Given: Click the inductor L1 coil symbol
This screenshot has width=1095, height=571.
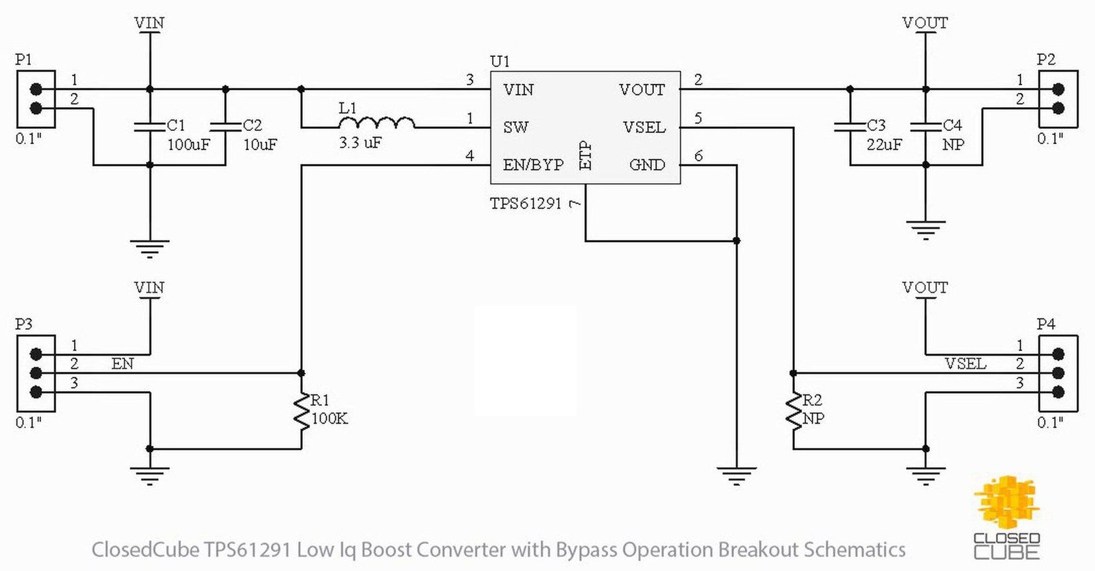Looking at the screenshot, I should (x=376, y=123).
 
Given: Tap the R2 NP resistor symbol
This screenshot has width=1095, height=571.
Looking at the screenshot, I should (x=793, y=411).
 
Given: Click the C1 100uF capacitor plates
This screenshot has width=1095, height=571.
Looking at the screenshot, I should (x=149, y=126).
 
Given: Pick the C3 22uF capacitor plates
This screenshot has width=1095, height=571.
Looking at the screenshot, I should (x=850, y=126).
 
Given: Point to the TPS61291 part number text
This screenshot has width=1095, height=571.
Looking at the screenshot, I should (x=526, y=204).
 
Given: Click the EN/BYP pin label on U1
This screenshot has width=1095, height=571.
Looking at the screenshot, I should (x=533, y=165).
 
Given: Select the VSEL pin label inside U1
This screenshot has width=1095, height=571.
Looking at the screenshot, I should (x=643, y=127).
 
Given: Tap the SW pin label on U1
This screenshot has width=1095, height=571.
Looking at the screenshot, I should (x=516, y=127).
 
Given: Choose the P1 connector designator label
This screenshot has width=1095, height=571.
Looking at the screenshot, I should (x=24, y=59).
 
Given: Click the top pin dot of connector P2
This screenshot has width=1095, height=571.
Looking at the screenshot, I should (x=1058, y=89).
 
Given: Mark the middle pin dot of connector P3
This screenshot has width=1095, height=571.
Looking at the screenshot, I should (x=36, y=373).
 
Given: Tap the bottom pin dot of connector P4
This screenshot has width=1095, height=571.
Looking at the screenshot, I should (x=1058, y=392).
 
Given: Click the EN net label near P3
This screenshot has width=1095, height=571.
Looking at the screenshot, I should (x=122, y=363).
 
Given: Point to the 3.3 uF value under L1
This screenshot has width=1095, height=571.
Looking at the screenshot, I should (x=360, y=143).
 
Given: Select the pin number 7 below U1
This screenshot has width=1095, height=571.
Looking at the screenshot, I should (x=575, y=204).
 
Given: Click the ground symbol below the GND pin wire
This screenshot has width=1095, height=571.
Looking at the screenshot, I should (x=736, y=475).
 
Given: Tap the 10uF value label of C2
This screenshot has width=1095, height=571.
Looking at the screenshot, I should (x=260, y=145).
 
